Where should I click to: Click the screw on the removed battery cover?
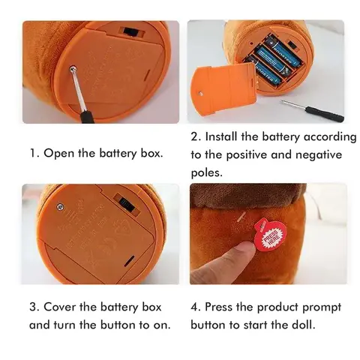[200, 94]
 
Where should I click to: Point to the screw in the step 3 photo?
[60, 207]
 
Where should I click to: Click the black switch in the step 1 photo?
[132, 31]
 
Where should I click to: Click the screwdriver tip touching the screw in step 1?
[73, 68]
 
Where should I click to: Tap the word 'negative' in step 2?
[319, 155]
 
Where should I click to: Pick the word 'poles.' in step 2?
[207, 173]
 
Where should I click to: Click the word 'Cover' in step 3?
[59, 307]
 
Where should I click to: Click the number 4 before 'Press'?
[194, 307]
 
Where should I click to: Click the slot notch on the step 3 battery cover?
[128, 261]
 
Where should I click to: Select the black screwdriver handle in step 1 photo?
[87, 117]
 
